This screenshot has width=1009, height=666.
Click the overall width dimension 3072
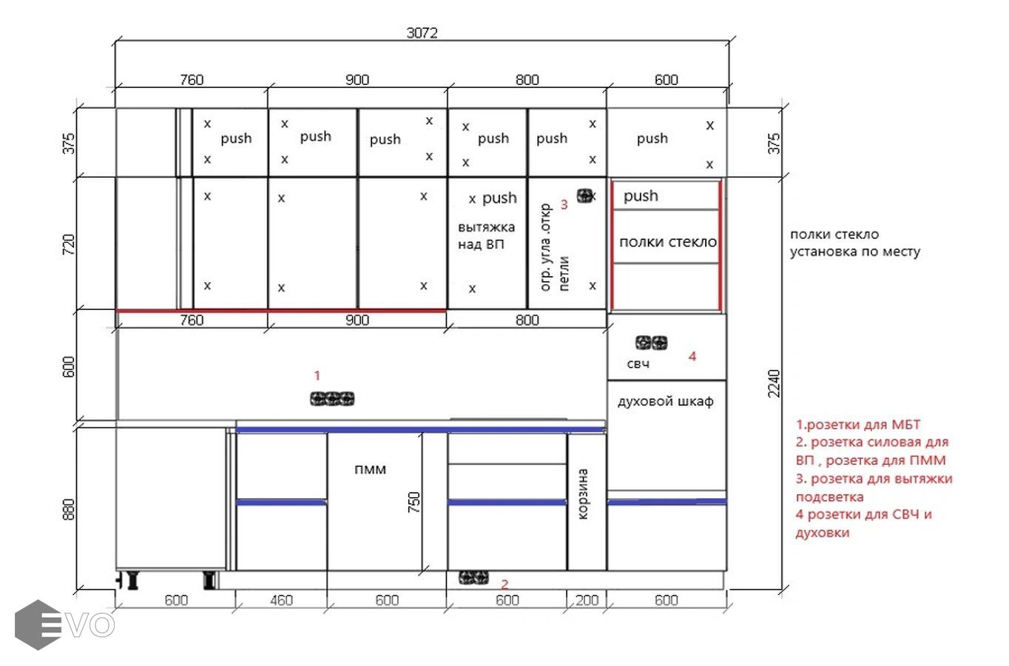coord(422,33)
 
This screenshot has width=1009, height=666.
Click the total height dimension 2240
coord(774,383)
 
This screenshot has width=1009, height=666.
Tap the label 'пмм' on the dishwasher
coord(371,470)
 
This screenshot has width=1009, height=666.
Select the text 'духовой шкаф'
coord(665,402)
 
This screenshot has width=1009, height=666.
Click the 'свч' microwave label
coord(638,364)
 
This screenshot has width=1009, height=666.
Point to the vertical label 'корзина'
coord(582,494)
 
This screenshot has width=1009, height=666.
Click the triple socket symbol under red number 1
coord(332,399)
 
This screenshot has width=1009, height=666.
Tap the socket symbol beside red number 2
coord(473,577)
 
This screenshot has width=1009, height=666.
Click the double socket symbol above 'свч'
coord(652,343)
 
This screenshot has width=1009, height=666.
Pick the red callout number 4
coord(692,357)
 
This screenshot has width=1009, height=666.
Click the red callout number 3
coord(564,204)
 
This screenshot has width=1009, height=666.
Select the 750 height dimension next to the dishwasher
coord(414,502)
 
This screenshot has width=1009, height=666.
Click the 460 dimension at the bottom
coord(282,600)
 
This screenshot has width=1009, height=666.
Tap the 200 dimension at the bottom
coord(587,600)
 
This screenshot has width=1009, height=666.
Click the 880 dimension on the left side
coord(68,509)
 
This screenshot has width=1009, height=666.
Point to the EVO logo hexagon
coord(38,625)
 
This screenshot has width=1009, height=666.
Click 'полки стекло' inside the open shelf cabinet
coord(668,242)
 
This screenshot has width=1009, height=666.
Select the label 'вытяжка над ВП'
coord(487,235)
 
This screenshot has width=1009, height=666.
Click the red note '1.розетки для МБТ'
coord(857,425)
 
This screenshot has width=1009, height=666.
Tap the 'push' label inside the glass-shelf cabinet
coord(641,196)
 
